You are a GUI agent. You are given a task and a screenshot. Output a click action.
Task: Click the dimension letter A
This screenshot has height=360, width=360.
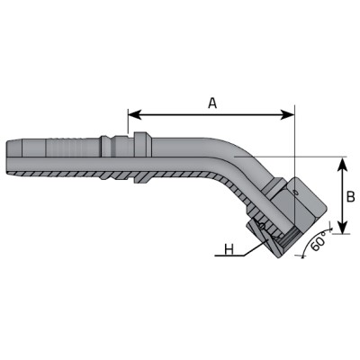(x=212, y=103)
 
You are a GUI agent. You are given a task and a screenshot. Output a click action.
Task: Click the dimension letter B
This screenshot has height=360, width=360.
(x=350, y=197)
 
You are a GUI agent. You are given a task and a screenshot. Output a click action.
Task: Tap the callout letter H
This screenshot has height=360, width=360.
(x=229, y=249)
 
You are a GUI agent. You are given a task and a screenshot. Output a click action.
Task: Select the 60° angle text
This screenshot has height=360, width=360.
(x=319, y=241)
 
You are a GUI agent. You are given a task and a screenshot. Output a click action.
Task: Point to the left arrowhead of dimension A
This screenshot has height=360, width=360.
(x=135, y=114)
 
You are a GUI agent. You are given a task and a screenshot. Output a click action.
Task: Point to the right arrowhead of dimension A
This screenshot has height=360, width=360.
(x=288, y=114)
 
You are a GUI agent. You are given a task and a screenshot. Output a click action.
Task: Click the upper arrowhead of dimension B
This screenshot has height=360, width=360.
(x=343, y=164)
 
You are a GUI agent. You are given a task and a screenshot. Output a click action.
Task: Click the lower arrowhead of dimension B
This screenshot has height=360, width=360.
(x=343, y=227)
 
